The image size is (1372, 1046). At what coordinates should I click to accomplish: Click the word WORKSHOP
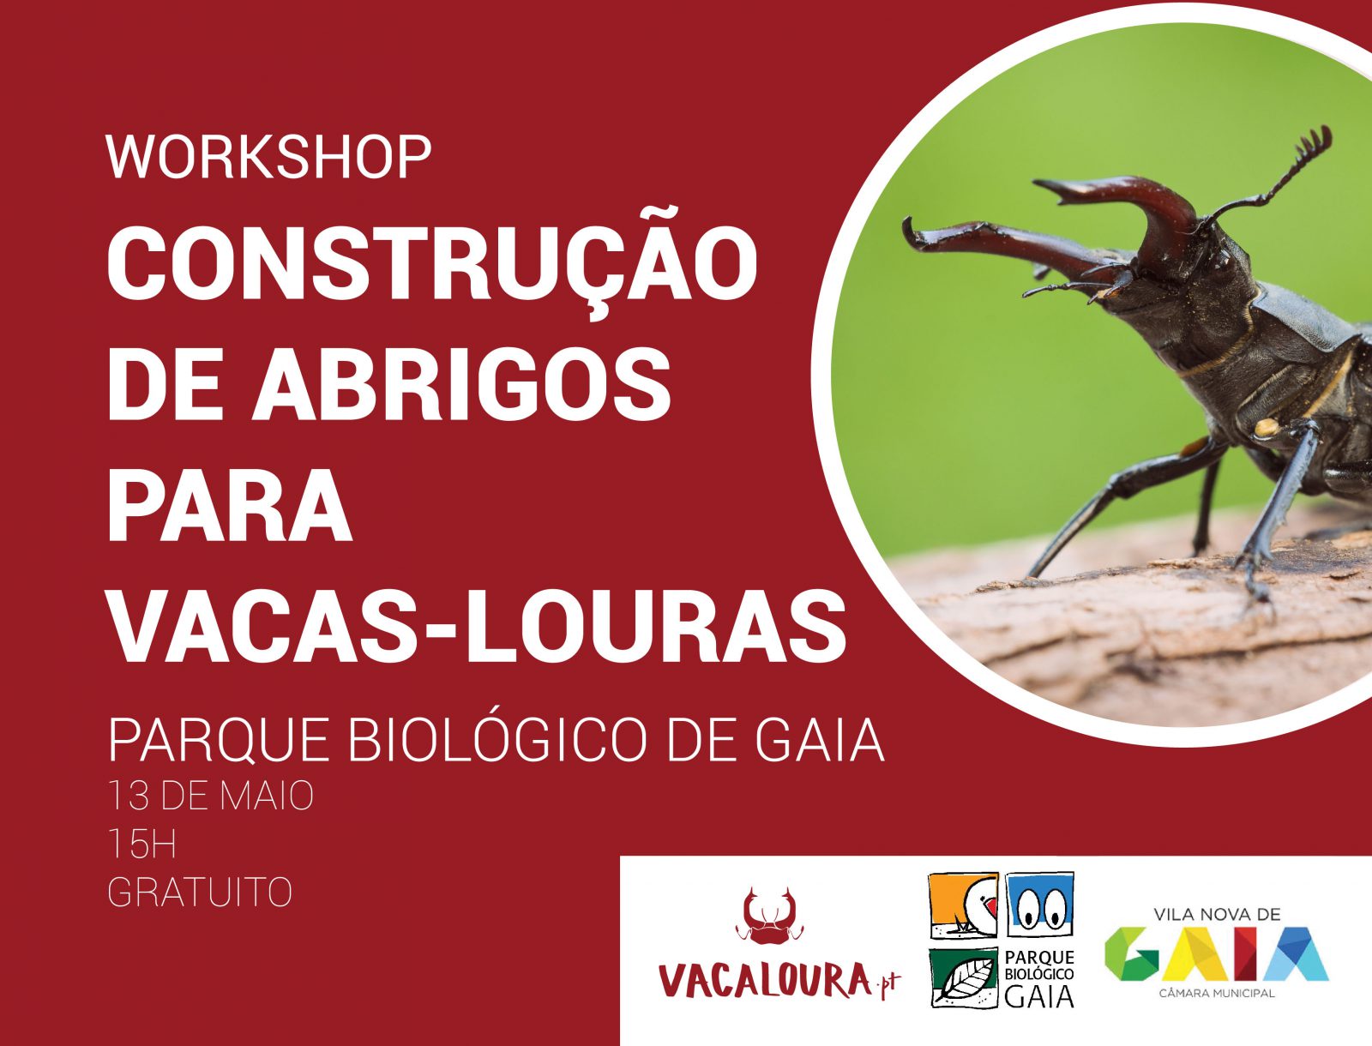268,157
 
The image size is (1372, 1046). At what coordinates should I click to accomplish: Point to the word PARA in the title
230,502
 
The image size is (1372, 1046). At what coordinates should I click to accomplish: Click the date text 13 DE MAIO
211,796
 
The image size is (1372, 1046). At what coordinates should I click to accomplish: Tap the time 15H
142,845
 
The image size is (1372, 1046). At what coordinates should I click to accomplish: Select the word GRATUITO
200,893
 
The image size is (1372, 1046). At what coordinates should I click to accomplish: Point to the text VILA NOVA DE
1216,915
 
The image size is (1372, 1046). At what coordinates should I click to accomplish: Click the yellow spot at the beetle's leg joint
1267,427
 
